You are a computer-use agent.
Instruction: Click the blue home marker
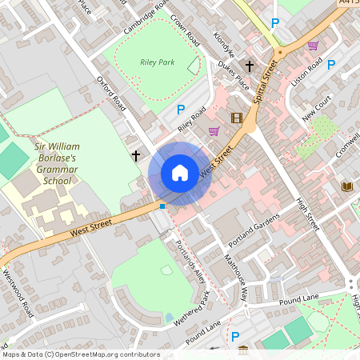coord(180,172)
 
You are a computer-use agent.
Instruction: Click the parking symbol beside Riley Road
coord(181,110)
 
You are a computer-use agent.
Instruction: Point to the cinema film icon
coord(236,118)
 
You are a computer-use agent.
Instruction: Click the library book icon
coord(346,186)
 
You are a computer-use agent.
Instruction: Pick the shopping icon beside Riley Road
coord(214,130)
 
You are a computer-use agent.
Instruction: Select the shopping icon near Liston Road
coord(313,46)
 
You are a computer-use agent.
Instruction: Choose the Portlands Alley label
coord(190,259)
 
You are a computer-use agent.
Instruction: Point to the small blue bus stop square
coord(162,206)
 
